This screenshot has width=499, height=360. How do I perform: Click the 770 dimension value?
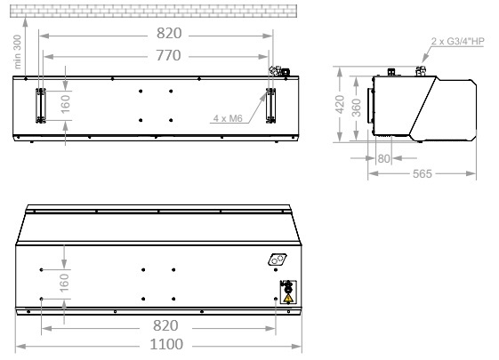168,55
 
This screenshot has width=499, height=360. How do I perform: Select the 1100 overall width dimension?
166,344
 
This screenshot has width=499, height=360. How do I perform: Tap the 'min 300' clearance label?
18,52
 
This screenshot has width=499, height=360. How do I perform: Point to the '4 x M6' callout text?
228,118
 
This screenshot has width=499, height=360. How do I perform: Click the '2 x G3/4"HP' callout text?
457,42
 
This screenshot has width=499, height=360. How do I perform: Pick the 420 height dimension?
340,104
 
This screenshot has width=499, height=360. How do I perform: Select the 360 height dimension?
357,108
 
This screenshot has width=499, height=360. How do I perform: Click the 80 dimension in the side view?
383,158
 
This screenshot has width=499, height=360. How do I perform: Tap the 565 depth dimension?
423,173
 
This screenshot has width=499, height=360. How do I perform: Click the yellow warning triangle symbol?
288,298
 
